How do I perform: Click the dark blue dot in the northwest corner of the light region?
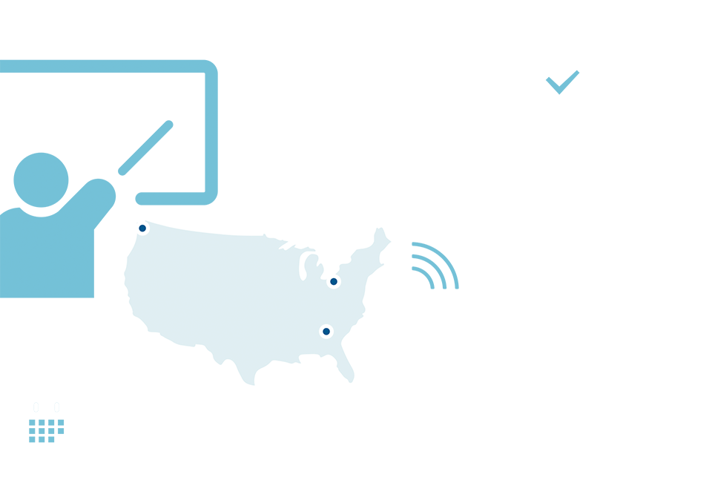point(142,228)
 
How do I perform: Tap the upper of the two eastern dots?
point(334,281)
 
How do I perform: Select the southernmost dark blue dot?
point(326,332)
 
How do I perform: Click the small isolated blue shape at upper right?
point(562,82)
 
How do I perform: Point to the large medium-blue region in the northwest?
point(111,134)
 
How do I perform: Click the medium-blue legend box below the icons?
point(44,430)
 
